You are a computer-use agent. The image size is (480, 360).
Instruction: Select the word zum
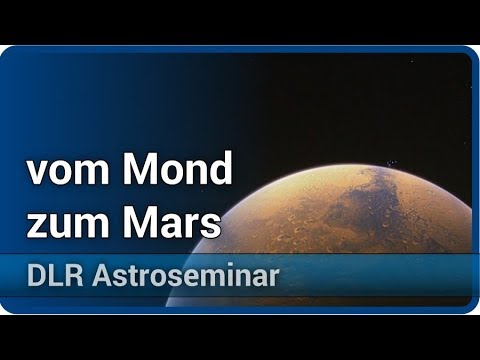click(69, 223)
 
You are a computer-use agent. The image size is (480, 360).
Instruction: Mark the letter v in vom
click(35, 176)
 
